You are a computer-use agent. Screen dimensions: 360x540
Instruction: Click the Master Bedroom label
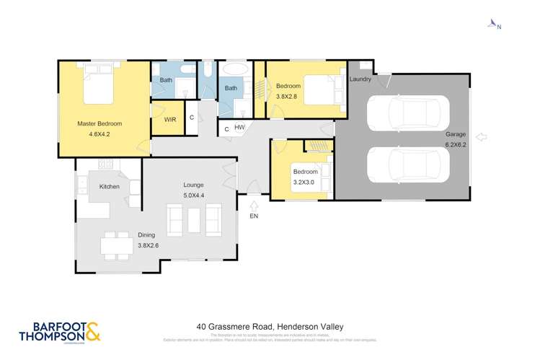pyautogui.click(x=99, y=123)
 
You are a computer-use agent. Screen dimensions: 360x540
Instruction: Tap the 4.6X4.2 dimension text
pyautogui.click(x=99, y=133)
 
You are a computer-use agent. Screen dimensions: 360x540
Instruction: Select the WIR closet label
pyautogui.click(x=170, y=119)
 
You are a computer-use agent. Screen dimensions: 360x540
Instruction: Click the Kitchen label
pyautogui.click(x=109, y=187)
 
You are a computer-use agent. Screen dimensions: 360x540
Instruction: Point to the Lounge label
pyautogui.click(x=192, y=185)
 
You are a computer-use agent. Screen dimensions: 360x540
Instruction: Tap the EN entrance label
pyautogui.click(x=253, y=215)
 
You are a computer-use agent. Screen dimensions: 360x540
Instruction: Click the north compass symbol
pyautogui.click(x=494, y=25)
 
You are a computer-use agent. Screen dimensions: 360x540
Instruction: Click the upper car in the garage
pyautogui.click(x=408, y=113)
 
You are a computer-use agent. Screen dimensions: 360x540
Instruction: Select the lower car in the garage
pyautogui.click(x=408, y=164)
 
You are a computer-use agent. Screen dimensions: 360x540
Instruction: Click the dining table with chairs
pyautogui.click(x=112, y=245)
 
